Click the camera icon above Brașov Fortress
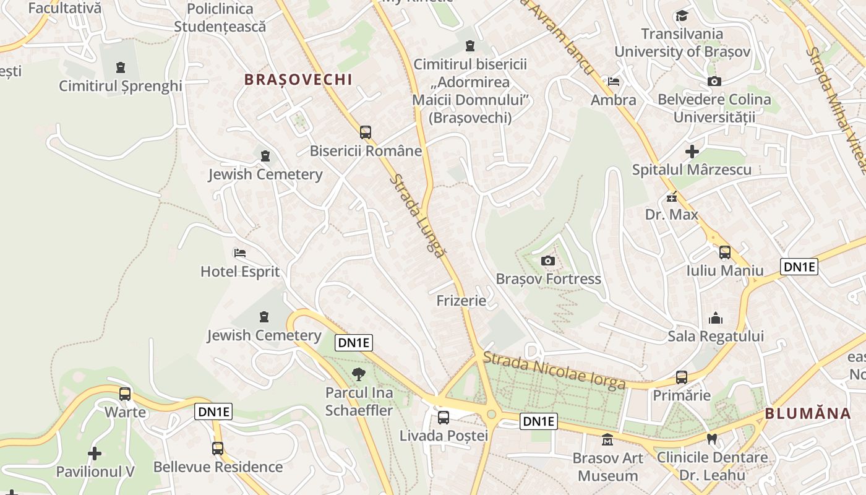click(547, 260)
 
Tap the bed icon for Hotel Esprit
click(240, 252)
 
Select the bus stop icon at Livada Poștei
click(444, 417)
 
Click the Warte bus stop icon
click(125, 394)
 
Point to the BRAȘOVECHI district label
click(298, 79)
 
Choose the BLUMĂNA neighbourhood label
click(808, 414)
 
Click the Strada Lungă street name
click(418, 216)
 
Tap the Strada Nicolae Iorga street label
click(554, 371)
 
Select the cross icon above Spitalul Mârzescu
click(692, 151)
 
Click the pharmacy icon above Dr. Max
click(671, 198)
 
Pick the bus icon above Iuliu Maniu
click(724, 252)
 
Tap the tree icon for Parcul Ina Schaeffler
click(358, 374)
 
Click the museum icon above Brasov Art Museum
click(607, 440)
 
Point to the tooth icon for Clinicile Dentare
click(712, 439)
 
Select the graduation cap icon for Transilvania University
click(682, 15)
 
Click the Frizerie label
click(461, 301)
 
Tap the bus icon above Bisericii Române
click(366, 132)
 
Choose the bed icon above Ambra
click(614, 82)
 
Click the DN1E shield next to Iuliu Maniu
click(799, 267)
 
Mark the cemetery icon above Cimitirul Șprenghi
click(121, 67)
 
